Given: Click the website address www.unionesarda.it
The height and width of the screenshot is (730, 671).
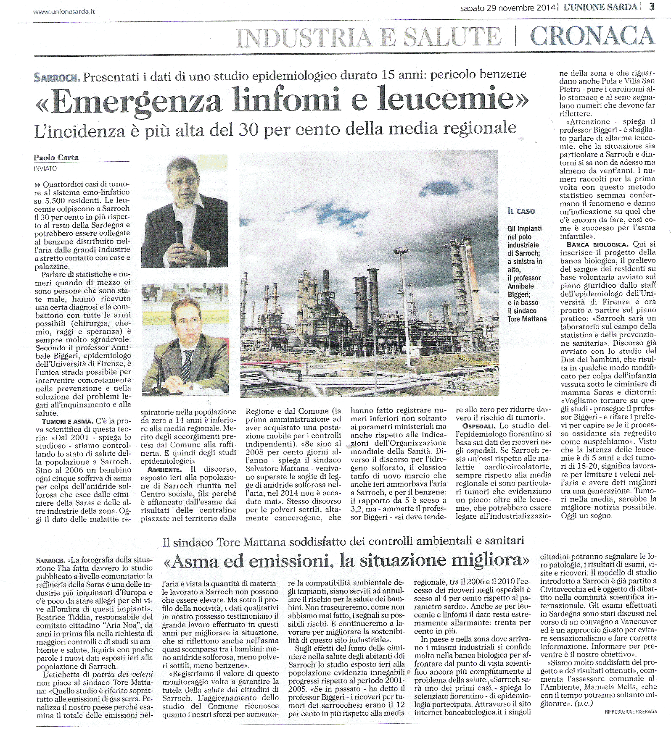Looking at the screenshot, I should tap(64, 11).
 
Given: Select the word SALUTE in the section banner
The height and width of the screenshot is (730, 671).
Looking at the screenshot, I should tap(452, 37).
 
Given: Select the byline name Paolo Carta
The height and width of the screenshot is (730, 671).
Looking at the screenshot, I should tap(56, 158).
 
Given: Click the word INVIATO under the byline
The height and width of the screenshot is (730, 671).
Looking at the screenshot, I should tap(45, 168).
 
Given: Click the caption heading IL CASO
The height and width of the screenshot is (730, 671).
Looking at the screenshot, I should tap(521, 211).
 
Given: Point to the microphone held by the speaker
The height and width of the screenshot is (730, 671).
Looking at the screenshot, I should tap(179, 232).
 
